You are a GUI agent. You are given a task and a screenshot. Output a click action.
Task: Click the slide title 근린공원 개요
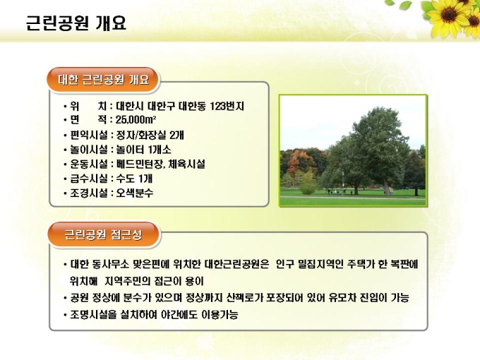tap(76, 23)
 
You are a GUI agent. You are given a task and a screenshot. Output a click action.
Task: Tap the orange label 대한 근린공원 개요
tap(103, 80)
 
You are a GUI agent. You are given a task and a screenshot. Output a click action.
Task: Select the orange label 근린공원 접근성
tap(103, 235)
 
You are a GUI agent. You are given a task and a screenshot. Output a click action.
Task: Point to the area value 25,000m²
tap(136, 120)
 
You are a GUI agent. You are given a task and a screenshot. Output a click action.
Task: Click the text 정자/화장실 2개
tap(150, 135)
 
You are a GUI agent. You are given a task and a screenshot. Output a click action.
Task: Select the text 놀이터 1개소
tap(143, 150)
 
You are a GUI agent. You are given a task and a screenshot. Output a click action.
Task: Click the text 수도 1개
tap(134, 179)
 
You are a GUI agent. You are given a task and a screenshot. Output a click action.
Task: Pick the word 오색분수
tap(134, 193)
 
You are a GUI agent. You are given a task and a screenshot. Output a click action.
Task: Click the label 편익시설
tap(89, 135)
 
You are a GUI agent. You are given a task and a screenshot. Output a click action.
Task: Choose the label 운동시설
tap(89, 164)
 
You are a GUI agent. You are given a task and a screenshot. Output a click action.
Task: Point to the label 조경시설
tap(89, 193)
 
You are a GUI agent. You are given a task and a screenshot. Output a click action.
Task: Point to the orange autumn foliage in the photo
tap(294, 162)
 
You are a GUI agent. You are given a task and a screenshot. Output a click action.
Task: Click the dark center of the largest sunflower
tap(449, 14)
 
